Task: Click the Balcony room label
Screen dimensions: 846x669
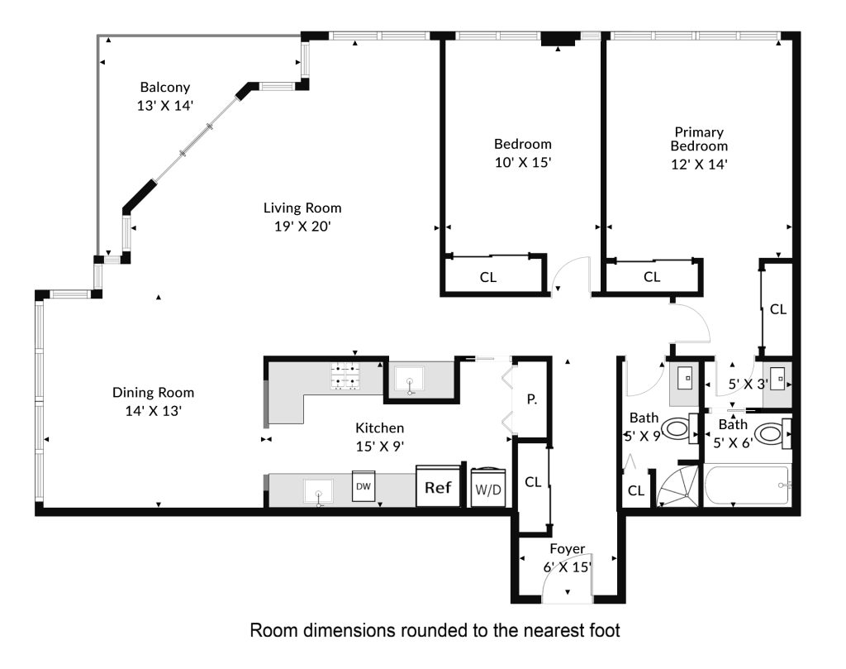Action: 165,88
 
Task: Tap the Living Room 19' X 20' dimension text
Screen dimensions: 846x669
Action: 302,227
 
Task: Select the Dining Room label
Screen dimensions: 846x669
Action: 153,393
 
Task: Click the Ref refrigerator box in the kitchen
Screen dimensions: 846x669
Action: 438,488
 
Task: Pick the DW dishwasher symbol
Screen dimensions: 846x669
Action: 364,486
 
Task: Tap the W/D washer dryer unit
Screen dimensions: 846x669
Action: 488,488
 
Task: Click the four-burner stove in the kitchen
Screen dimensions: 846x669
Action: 345,375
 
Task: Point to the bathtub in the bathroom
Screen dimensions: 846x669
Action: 747,485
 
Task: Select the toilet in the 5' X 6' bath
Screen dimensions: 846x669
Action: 772,433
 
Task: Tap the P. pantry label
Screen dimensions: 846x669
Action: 532,399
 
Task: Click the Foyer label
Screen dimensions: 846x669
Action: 567,548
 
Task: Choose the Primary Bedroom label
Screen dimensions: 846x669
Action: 699,139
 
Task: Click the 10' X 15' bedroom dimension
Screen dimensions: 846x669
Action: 523,163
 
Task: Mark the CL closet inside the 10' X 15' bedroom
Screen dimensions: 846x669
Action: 488,277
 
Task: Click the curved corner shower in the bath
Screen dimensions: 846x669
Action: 678,487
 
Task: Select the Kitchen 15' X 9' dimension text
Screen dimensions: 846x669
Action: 380,447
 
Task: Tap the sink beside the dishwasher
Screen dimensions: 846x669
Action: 318,491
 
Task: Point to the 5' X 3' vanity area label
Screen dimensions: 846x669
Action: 748,385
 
